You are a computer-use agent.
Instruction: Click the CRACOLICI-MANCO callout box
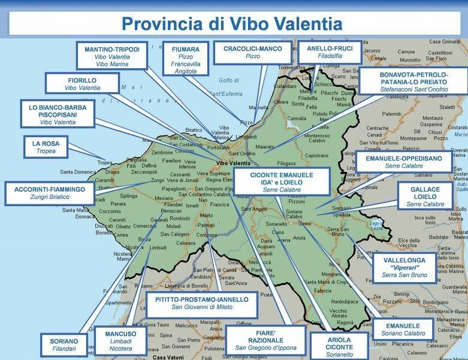[x=252, y=52]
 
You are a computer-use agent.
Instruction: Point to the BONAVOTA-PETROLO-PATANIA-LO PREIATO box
[x=414, y=80]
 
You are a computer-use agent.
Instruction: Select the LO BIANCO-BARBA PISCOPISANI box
[x=58, y=114]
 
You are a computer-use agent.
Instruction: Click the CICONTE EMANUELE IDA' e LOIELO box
[x=282, y=181]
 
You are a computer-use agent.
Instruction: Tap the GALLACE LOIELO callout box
[x=425, y=196]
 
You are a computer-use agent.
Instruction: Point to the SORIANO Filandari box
[x=59, y=345]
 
